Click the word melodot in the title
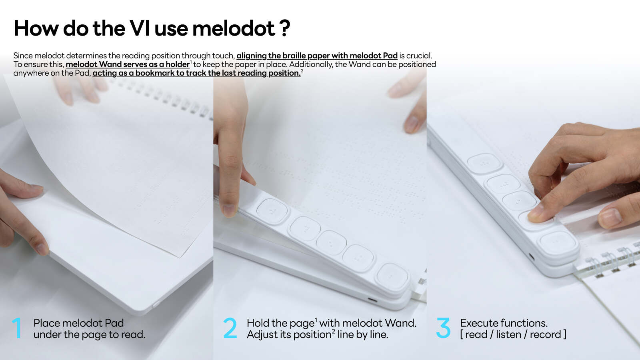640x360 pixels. point(234,28)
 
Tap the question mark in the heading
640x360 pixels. point(285,28)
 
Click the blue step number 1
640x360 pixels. point(17,328)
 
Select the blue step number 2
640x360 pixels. point(230,328)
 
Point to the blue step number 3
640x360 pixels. point(444,328)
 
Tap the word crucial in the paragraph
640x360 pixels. point(419,56)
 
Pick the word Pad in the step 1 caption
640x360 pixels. point(114,323)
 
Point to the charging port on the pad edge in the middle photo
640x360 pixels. point(372,300)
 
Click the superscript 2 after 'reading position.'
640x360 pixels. point(302,70)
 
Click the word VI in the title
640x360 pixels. point(140,28)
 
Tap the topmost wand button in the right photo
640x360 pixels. point(484,164)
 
